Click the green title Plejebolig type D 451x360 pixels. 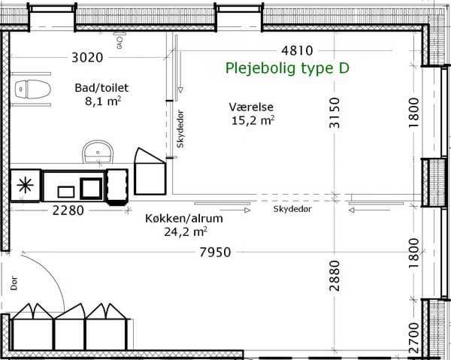pyautogui.click(x=287, y=68)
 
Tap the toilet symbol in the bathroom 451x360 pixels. pyautogui.click(x=32, y=89)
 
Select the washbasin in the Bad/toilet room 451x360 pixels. pyautogui.click(x=98, y=152)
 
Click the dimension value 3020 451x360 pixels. pyautogui.click(x=87, y=58)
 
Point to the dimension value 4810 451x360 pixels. pyautogui.click(x=297, y=50)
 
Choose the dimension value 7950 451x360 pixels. pyautogui.click(x=216, y=253)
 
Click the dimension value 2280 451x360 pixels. pyautogui.click(x=68, y=210)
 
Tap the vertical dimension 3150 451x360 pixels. pyautogui.click(x=334, y=113)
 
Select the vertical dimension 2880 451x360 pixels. pyautogui.click(x=334, y=276)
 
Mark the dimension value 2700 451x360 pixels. pyautogui.click(x=414, y=337)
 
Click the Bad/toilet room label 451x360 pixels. pyautogui.click(x=101, y=88)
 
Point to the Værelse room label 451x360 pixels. pyautogui.click(x=251, y=107)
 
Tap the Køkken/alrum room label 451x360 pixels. pyautogui.click(x=184, y=219)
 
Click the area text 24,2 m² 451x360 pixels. pyautogui.click(x=186, y=231)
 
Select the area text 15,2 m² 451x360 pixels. pyautogui.click(x=253, y=120)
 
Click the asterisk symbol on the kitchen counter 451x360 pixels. pyautogui.click(x=25, y=186)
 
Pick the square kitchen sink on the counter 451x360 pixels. pyautogui.click(x=91, y=189)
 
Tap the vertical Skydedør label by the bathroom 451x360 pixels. pyautogui.click(x=180, y=129)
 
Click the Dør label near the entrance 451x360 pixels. pyautogui.click(x=14, y=283)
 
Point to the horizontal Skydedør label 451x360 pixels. pyautogui.click(x=292, y=209)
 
